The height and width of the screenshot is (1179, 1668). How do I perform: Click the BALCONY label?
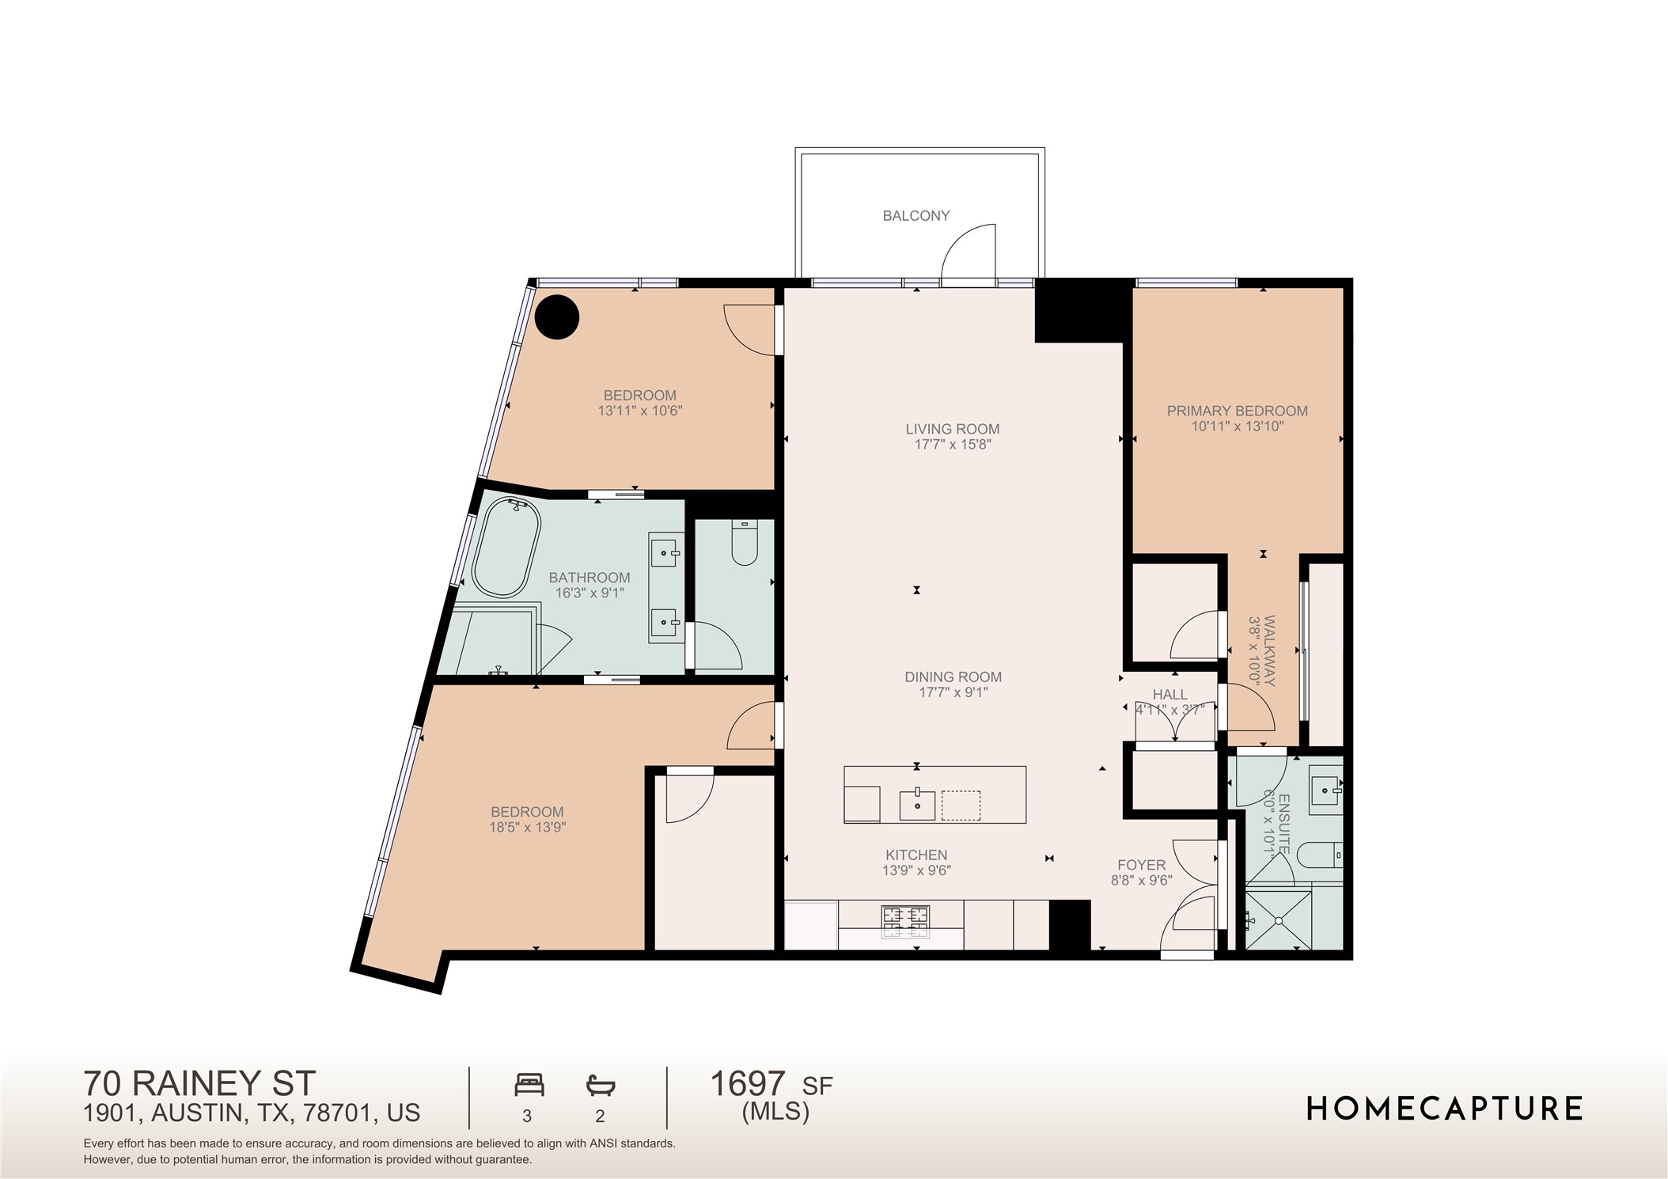[x=916, y=215]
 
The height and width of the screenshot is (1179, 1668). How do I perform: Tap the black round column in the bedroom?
[x=557, y=317]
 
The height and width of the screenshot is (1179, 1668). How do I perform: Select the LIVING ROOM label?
[x=952, y=429]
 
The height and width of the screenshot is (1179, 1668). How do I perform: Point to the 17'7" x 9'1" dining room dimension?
[x=953, y=692]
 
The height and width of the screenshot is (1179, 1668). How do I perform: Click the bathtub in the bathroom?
[x=506, y=548]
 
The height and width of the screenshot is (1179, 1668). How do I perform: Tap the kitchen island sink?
[x=917, y=805]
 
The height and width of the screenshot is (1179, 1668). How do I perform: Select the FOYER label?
[x=1141, y=865]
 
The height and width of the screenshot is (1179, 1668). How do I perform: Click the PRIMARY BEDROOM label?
[x=1237, y=411]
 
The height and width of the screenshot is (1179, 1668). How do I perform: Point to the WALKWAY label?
[x=1269, y=650]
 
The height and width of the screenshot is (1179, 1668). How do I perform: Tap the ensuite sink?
[x=1325, y=790]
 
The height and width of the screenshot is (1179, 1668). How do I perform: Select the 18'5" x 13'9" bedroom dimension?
[x=527, y=828]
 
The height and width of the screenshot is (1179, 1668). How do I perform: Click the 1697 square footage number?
[x=747, y=1083]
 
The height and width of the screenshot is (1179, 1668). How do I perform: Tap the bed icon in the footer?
[x=529, y=1084]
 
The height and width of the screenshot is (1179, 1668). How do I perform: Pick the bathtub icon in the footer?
[x=601, y=1085]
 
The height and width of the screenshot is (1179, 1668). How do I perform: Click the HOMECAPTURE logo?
[x=1443, y=1109]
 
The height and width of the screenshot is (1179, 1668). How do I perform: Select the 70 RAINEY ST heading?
[x=199, y=1082]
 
